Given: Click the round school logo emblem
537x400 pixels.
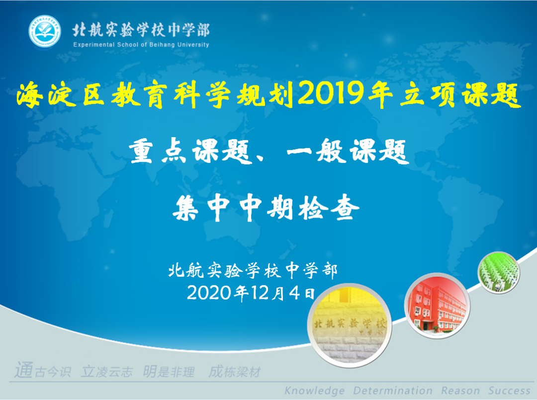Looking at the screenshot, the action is coord(45,31).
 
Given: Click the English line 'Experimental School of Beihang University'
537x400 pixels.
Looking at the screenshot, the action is coord(141,45).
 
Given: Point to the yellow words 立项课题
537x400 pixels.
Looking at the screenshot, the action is coord(460,95).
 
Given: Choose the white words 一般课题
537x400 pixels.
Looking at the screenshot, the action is coord(348,151).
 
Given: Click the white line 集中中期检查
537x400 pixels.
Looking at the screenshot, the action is coord(266,207).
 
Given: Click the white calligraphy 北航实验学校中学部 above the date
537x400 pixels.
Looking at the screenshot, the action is coord(253,270).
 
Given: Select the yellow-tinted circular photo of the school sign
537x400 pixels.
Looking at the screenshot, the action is coord(350,325).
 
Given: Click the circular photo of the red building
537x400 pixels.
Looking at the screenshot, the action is coord(438,306).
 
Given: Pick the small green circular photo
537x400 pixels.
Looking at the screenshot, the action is coord(499,272).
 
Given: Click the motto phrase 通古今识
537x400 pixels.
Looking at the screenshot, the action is coord(43,371).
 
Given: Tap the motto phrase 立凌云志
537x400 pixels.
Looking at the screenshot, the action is coord(107,372).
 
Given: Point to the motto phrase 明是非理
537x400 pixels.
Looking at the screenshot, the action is coord(169,372).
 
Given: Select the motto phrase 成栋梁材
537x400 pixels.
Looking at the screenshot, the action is coord(235,372).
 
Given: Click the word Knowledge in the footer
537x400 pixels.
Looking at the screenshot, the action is coord(314,391).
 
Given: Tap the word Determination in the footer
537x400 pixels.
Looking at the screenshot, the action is coord(393,391).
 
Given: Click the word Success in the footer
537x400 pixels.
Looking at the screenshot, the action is coord(509,391).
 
